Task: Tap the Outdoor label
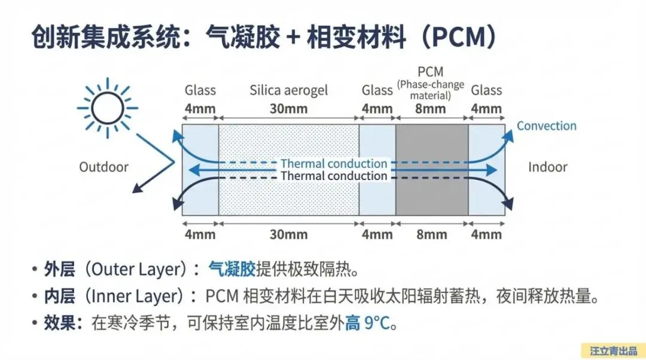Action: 104,167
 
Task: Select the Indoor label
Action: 547,167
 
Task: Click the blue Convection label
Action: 547,126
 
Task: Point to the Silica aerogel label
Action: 289,91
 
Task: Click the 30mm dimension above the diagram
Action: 288,109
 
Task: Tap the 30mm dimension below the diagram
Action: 288,234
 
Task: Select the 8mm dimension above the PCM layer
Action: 431,109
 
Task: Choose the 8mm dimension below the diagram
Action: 431,234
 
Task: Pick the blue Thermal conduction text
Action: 334,163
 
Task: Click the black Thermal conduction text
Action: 334,176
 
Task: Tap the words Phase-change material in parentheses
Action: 431,90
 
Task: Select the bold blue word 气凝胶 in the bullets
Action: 232,270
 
